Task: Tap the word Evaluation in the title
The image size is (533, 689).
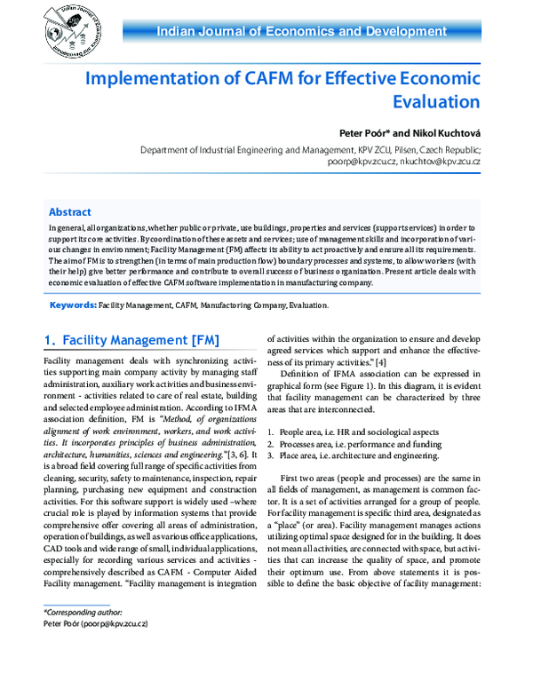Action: click(x=432, y=101)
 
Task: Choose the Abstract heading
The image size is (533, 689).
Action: click(x=69, y=213)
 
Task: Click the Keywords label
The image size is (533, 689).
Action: click(x=73, y=305)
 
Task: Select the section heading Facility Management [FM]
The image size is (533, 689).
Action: click(x=131, y=340)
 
